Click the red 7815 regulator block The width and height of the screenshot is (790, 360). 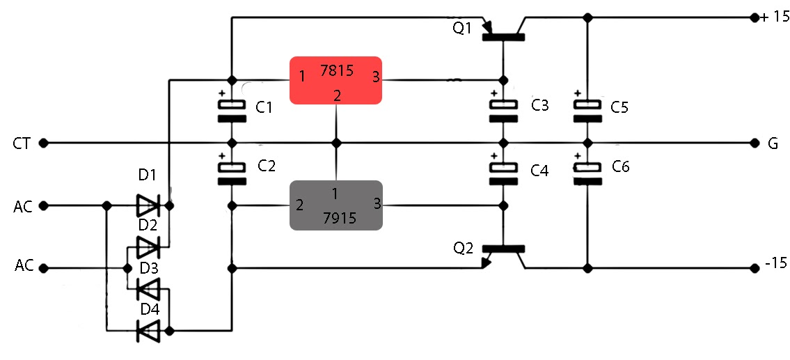tap(336, 80)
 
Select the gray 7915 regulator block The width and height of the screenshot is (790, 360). tap(336, 205)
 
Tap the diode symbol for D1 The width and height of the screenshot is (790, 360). tap(148, 205)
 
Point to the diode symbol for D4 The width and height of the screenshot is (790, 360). tap(148, 331)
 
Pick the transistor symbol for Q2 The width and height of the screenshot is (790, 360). tap(503, 255)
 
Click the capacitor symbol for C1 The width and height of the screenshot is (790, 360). tap(232, 111)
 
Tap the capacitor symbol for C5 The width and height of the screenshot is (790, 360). tap(587, 111)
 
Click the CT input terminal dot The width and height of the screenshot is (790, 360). tap(43, 143)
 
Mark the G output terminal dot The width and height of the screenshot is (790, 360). tap(755, 143)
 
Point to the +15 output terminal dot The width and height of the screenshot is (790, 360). tap(755, 18)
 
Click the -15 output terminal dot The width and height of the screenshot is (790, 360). tap(755, 267)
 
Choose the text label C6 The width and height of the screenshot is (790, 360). tap(621, 167)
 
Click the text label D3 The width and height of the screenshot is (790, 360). tap(148, 268)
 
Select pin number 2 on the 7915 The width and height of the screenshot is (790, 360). tap(300, 205)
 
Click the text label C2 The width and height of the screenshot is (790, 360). tap(267, 166)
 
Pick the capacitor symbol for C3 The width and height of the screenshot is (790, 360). tap(503, 111)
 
